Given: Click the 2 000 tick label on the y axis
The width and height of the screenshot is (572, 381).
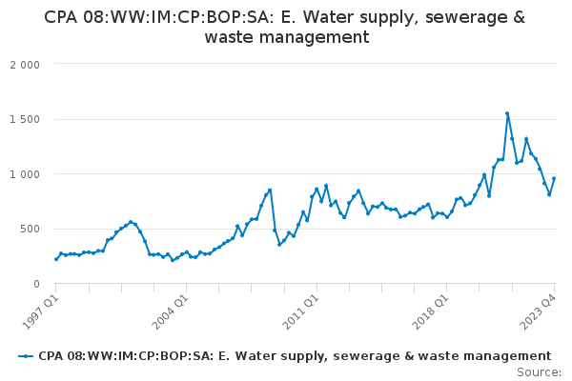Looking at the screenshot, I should (x=25, y=65).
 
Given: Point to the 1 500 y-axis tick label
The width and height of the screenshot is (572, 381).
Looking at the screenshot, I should (x=25, y=120).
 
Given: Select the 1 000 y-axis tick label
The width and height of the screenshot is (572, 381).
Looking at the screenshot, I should (x=25, y=174).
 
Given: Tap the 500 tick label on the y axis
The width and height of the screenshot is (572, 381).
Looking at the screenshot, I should (x=30, y=230).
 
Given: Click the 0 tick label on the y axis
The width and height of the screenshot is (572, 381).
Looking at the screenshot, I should (x=35, y=284).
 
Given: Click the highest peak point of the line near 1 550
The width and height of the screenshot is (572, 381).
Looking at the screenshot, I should (x=507, y=113).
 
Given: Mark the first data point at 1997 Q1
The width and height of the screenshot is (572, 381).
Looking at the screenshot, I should (x=56, y=259).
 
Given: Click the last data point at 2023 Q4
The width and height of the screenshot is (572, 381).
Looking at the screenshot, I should (x=554, y=179).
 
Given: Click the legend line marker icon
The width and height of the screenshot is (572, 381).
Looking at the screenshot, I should (x=26, y=356).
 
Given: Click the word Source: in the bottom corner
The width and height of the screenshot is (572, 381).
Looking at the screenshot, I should (x=539, y=372).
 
